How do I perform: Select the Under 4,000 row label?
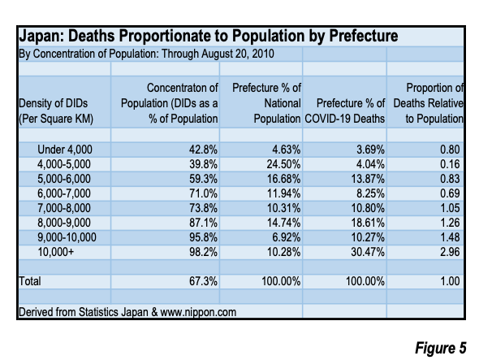(x=65, y=150)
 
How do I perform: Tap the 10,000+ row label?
(x=55, y=252)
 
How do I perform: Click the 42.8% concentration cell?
(x=203, y=150)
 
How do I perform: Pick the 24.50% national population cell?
(x=283, y=164)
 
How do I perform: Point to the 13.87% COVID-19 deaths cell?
(x=368, y=179)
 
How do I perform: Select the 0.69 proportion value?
(x=450, y=193)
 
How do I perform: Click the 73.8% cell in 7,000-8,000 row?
(x=203, y=208)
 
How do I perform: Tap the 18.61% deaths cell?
(x=368, y=223)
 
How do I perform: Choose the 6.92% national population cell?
(x=287, y=237)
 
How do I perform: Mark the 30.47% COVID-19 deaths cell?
(x=368, y=252)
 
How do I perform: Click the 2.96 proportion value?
(x=450, y=252)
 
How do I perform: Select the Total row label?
(x=29, y=281)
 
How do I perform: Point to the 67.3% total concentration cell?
(x=203, y=281)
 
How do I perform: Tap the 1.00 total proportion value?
(x=450, y=281)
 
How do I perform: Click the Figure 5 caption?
(x=441, y=348)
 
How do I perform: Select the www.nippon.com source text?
(x=198, y=312)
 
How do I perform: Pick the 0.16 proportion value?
(x=450, y=164)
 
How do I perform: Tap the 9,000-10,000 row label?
(x=67, y=237)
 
